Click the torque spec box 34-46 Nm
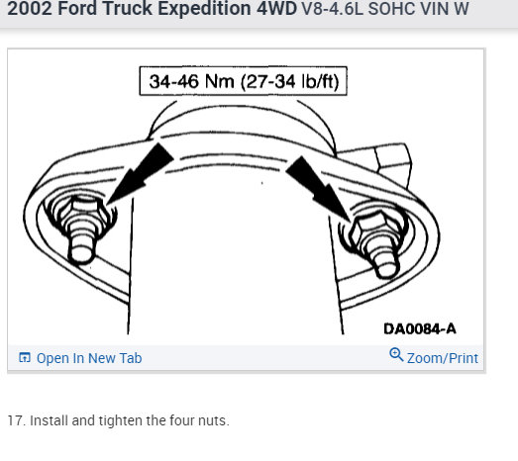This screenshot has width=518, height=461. point(243,81)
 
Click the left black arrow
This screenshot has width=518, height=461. point(140,173)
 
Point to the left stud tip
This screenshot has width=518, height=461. point(81,254)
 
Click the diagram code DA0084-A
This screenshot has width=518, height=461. point(420,328)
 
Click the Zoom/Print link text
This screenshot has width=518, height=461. point(443,358)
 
